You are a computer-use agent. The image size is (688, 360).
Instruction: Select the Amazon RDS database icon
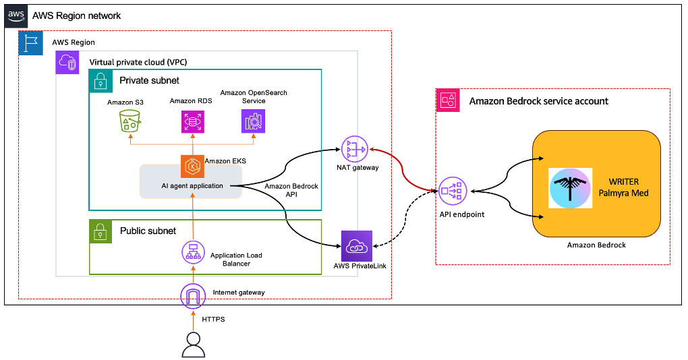[192, 121]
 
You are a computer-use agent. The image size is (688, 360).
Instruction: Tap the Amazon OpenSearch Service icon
[254, 121]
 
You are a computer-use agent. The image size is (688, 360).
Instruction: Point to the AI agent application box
[191, 185]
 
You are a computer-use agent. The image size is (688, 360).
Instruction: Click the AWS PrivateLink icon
[356, 246]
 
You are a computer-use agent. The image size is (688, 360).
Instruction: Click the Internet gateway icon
[192, 295]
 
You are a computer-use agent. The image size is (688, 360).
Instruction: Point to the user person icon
[193, 344]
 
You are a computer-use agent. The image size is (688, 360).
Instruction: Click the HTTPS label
[213, 319]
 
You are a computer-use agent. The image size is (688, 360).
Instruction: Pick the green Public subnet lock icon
[101, 231]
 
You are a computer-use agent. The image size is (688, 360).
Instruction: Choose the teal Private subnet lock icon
[101, 81]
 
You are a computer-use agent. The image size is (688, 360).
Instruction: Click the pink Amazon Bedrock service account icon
[447, 100]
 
